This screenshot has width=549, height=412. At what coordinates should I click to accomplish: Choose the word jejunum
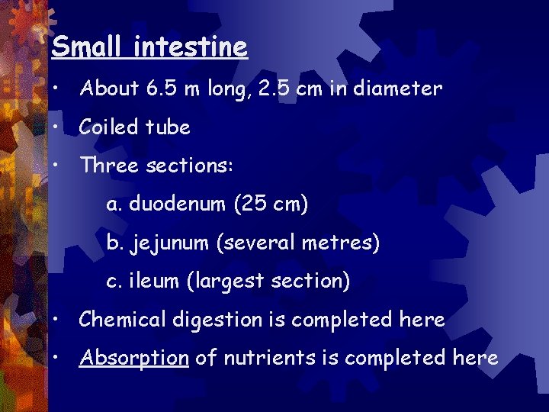[x=170, y=243]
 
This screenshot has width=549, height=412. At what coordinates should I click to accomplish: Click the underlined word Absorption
[x=133, y=358]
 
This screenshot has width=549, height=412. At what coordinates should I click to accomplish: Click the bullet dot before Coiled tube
[x=58, y=127]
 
